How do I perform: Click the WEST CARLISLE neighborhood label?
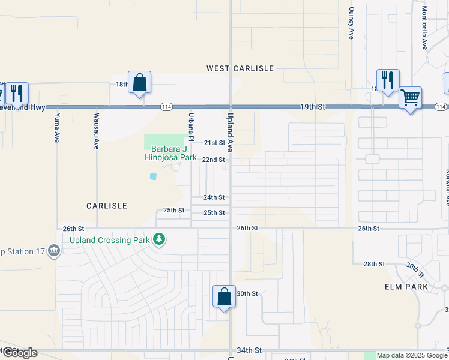[240, 68]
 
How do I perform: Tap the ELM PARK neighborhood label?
[406, 287]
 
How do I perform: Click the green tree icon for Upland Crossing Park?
[159, 240]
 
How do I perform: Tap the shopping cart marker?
[410, 97]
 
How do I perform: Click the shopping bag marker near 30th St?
[224, 296]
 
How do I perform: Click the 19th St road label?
[313, 106]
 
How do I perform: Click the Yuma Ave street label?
[57, 127]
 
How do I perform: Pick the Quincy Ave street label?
[351, 23]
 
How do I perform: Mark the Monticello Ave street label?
[424, 28]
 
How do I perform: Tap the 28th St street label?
[373, 264]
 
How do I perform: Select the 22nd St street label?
[213, 160]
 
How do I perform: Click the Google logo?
[20, 353]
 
